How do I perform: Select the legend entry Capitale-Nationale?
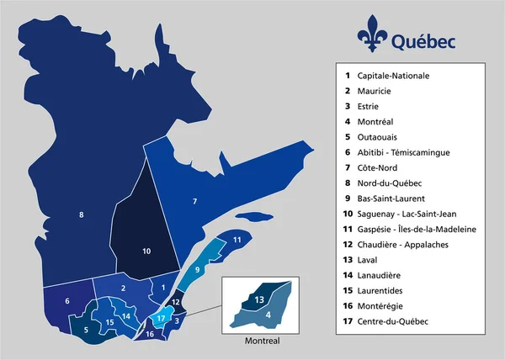pos(392,75)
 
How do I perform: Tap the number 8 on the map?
pos(81,215)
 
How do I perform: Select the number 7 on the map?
pos(194,201)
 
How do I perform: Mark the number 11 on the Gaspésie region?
pos(237,241)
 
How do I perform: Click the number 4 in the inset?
pos(268,315)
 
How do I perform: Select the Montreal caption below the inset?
pos(261,342)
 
